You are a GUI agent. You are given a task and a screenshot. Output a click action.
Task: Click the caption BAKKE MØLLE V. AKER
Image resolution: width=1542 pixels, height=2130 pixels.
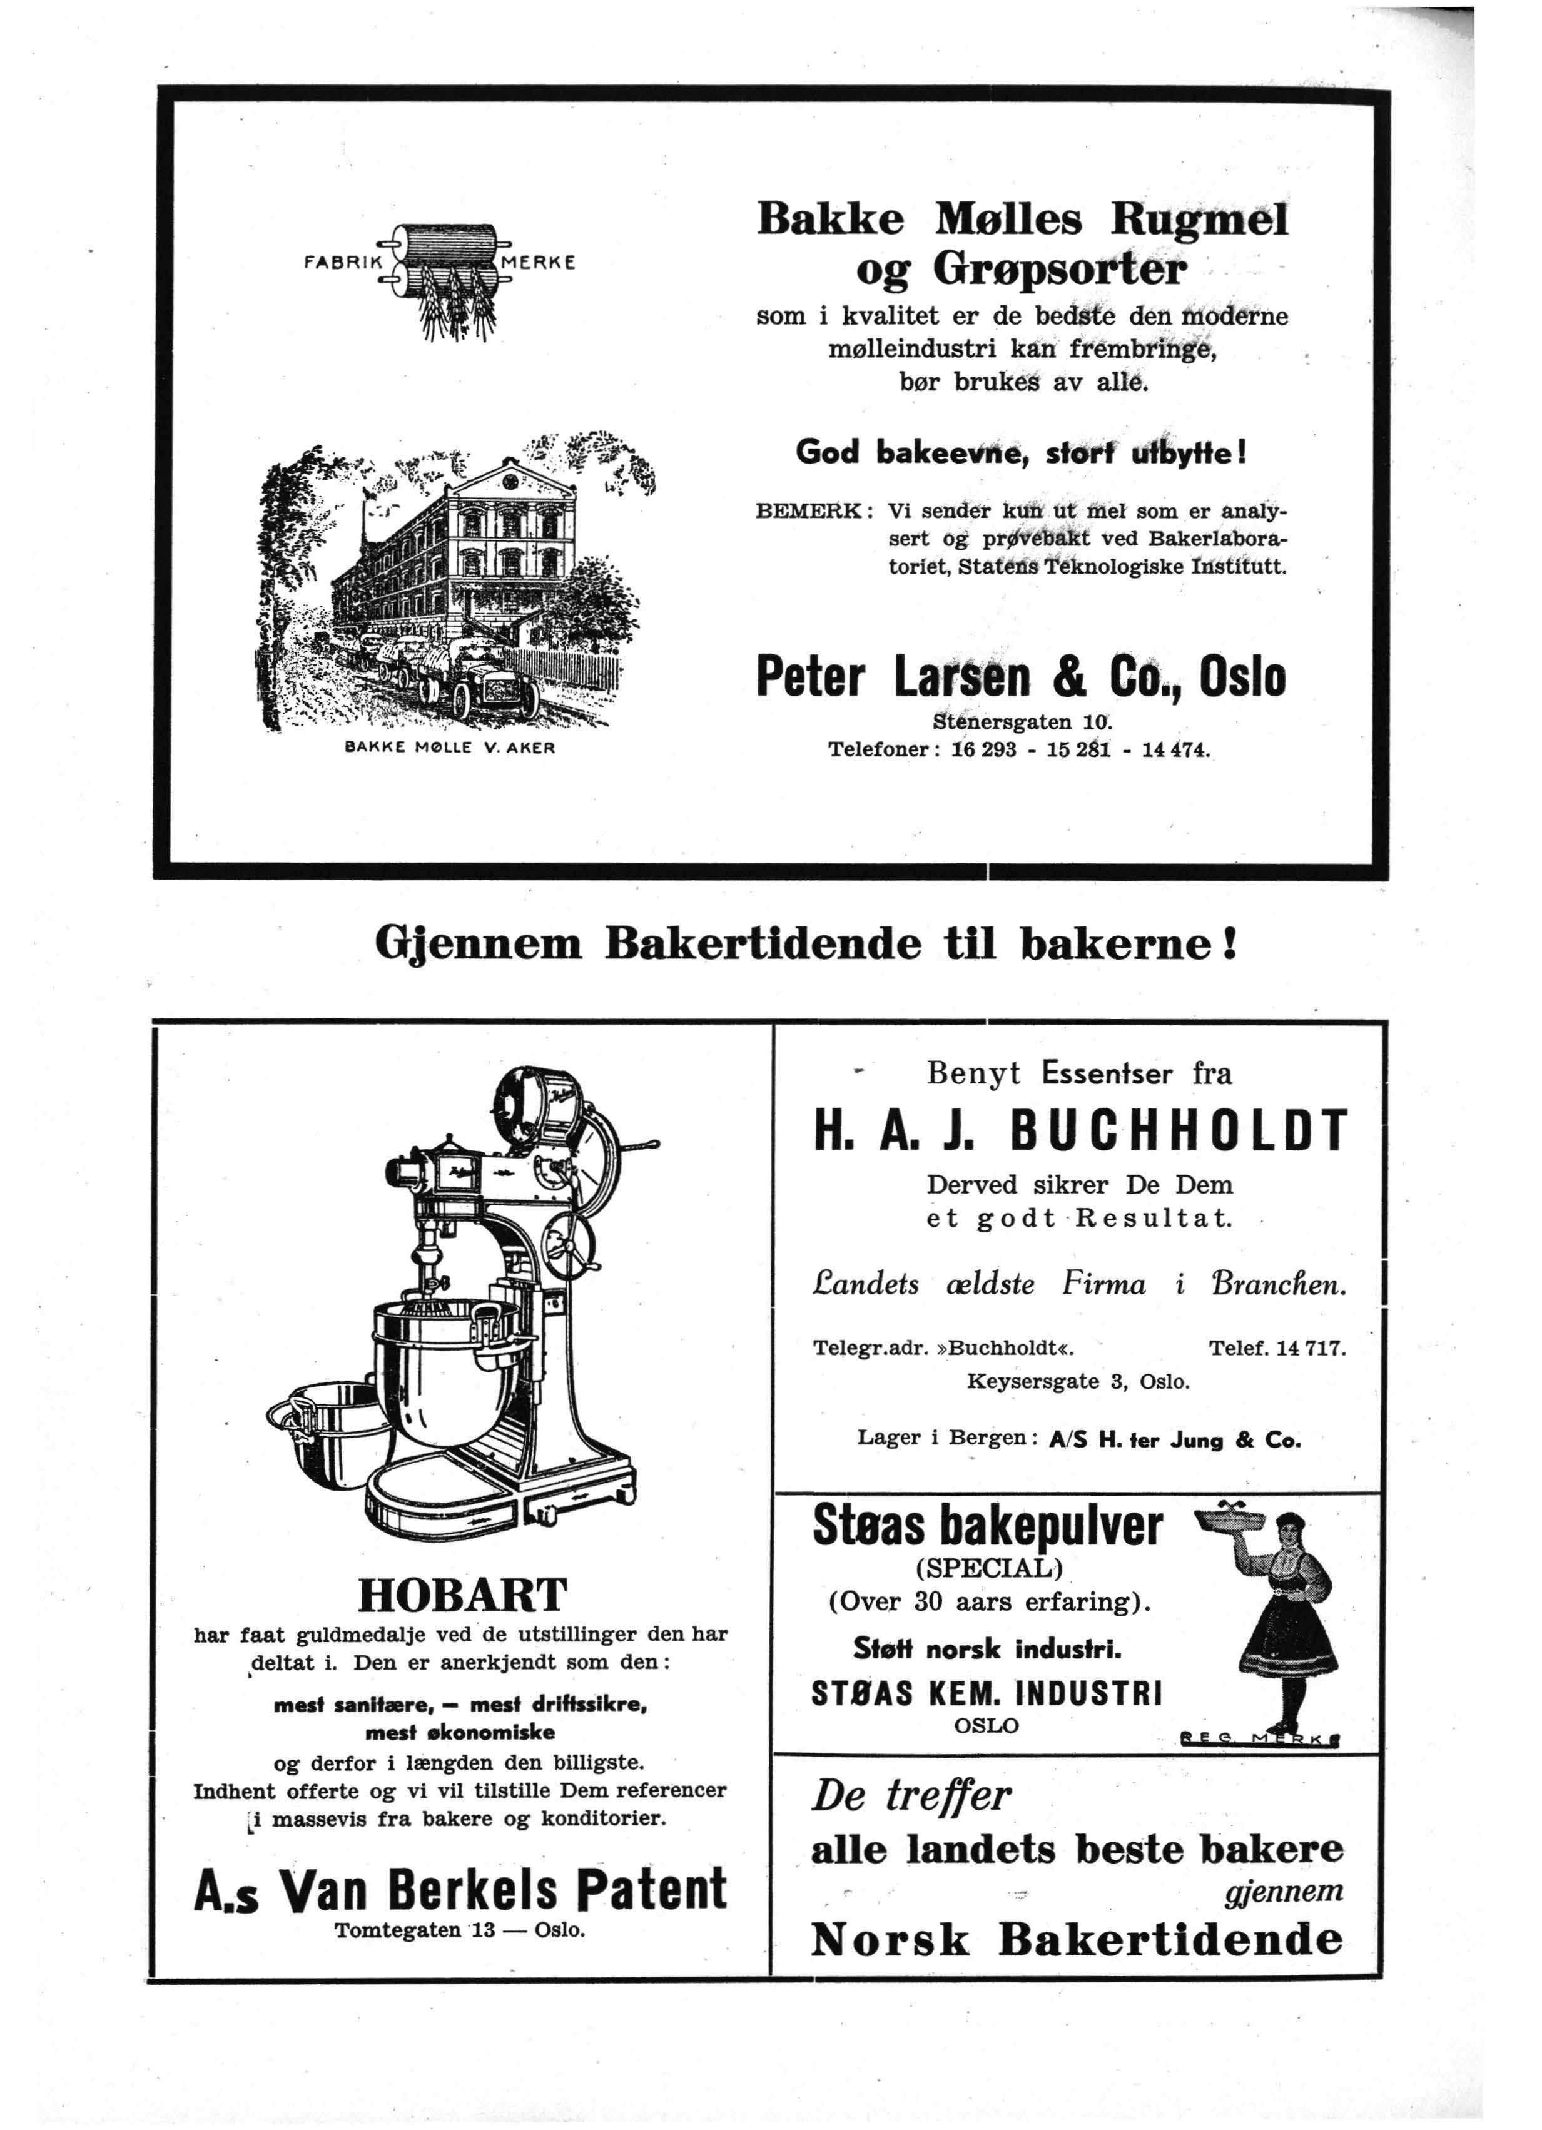pyautogui.click(x=450, y=749)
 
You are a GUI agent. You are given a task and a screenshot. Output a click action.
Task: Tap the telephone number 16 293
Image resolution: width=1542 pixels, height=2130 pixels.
pyautogui.click(x=984, y=751)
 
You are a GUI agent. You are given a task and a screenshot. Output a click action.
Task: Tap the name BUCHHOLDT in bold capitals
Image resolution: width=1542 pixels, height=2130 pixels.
pyautogui.click(x=1178, y=1131)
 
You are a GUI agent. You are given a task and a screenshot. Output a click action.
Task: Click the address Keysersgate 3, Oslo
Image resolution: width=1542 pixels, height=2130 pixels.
pyautogui.click(x=1078, y=1381)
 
